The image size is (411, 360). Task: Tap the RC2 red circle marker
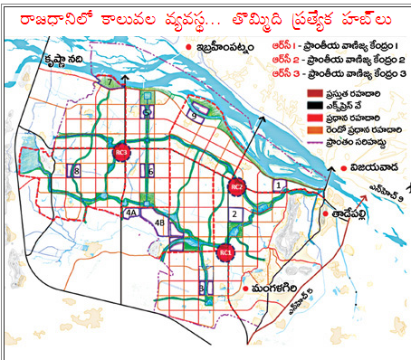point(237,187)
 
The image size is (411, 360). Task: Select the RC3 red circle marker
point(122,153)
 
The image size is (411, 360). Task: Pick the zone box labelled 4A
point(131,213)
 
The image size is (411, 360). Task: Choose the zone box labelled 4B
point(159,222)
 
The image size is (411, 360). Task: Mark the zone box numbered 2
point(234,214)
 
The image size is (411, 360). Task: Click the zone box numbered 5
point(148,112)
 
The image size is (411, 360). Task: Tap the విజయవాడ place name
point(372,169)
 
